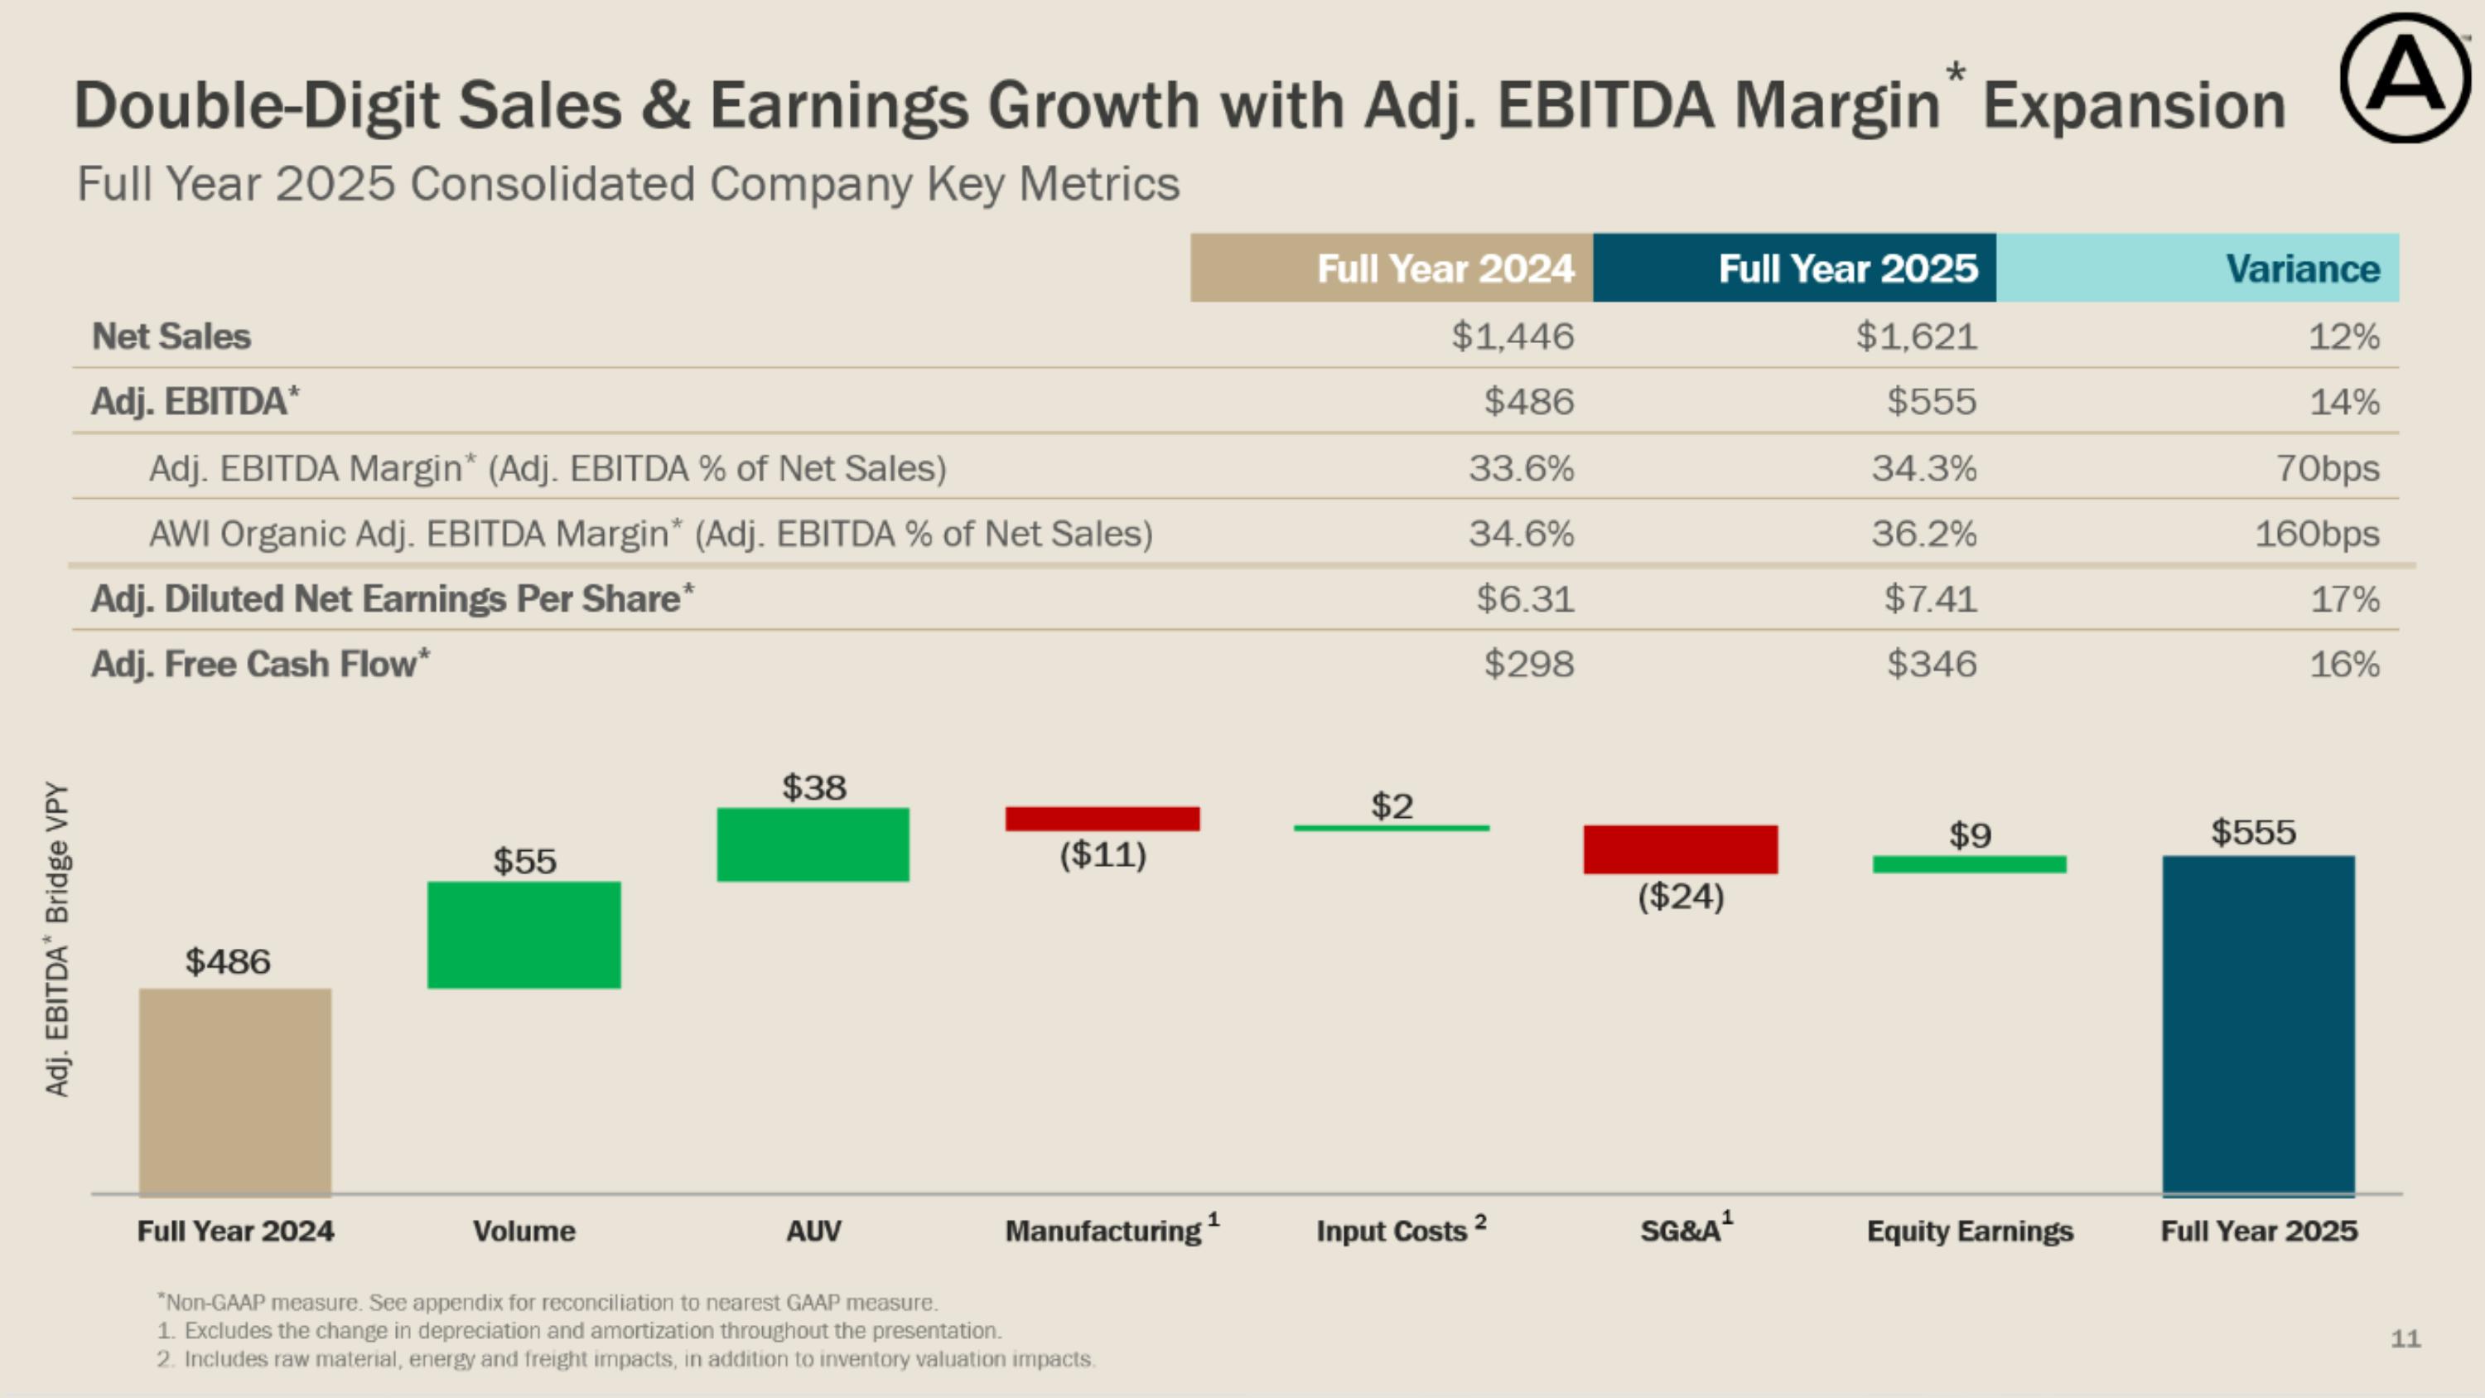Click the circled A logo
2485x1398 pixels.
point(2404,77)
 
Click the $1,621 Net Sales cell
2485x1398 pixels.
point(1916,336)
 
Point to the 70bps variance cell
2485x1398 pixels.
point(2327,468)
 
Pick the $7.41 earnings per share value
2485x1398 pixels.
point(1930,599)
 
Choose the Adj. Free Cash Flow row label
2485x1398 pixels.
point(260,664)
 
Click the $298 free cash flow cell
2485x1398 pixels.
point(1528,664)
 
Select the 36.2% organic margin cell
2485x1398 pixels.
point(1923,534)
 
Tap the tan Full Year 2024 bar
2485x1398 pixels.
point(235,1091)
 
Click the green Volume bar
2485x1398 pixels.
point(524,935)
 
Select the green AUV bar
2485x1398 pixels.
point(813,844)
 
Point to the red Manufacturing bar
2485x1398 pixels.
point(1103,819)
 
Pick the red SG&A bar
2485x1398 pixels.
point(1681,850)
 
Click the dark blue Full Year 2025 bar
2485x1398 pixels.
point(2258,1026)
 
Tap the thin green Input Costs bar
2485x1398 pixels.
point(1391,828)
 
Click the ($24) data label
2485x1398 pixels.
point(1681,897)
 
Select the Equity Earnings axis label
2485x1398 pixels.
point(1970,1231)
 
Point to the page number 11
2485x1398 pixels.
point(2405,1338)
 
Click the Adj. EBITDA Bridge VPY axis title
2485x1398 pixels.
point(57,939)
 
